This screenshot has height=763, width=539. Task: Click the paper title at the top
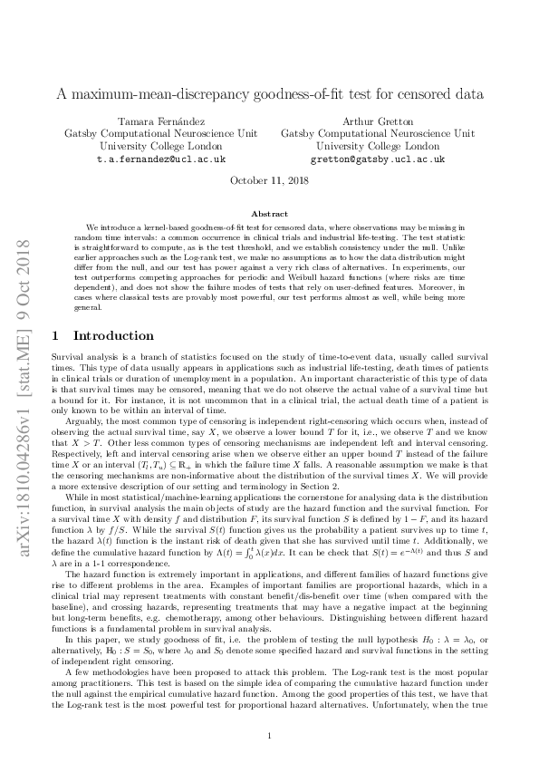pyautogui.click(x=269, y=93)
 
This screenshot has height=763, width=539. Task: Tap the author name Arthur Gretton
pyautogui.click(x=378, y=121)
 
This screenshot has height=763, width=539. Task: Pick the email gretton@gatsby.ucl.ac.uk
pyautogui.click(x=378, y=159)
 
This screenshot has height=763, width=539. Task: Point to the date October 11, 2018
pyautogui.click(x=269, y=180)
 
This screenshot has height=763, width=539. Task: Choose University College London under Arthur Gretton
pyautogui.click(x=378, y=146)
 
